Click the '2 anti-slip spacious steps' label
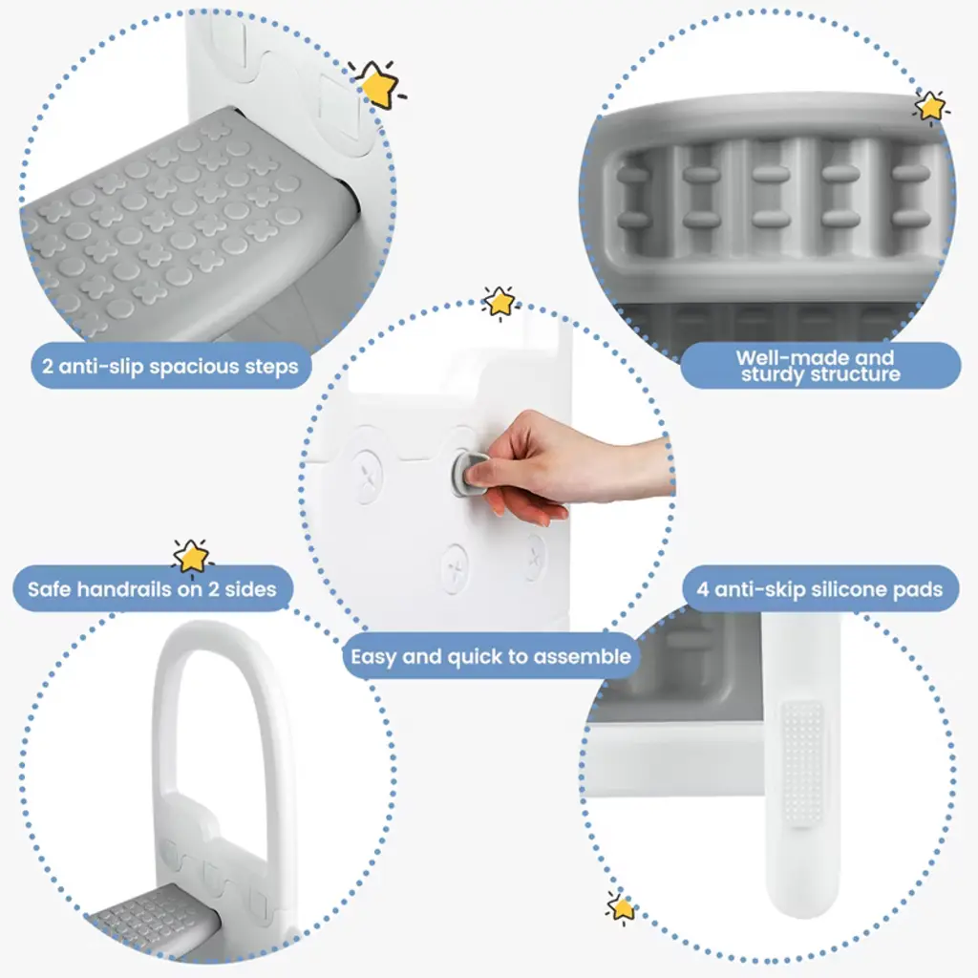(x=170, y=366)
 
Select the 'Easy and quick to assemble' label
(x=491, y=656)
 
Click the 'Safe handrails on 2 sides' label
(x=152, y=589)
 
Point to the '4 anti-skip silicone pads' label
(x=819, y=589)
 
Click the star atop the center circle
(x=500, y=303)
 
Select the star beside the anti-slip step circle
(x=377, y=84)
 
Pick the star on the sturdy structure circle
(x=930, y=106)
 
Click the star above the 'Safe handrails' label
(x=191, y=557)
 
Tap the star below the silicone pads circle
(x=621, y=907)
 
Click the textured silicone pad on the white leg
(x=803, y=763)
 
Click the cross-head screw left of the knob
(x=367, y=476)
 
